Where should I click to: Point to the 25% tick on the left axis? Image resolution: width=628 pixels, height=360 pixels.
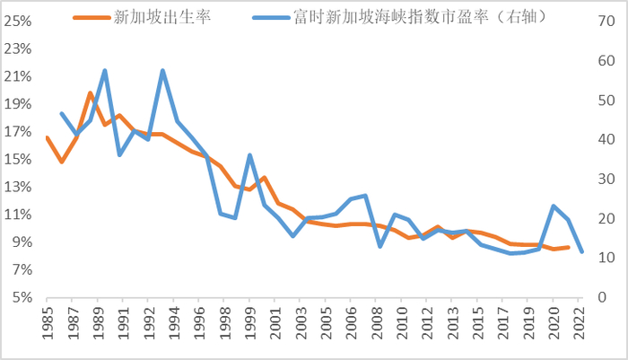pyautogui.click(x=21, y=20)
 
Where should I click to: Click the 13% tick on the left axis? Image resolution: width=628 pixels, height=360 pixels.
pyautogui.click(x=21, y=187)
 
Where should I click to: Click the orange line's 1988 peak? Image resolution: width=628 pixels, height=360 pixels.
pyautogui.click(x=91, y=92)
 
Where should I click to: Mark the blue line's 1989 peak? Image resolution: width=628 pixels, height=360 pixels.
pyautogui.click(x=105, y=70)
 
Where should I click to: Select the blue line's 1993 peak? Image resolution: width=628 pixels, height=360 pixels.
pyautogui.click(x=163, y=70)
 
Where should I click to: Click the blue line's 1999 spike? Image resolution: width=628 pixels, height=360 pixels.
pyautogui.click(x=249, y=155)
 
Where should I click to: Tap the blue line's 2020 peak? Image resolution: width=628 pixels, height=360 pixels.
pyautogui.click(x=554, y=206)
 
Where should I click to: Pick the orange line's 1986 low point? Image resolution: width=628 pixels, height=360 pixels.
pyautogui.click(x=61, y=162)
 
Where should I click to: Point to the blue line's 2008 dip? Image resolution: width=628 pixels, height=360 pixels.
pyautogui.click(x=380, y=246)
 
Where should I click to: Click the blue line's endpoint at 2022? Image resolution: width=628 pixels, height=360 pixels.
pyautogui.click(x=582, y=251)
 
